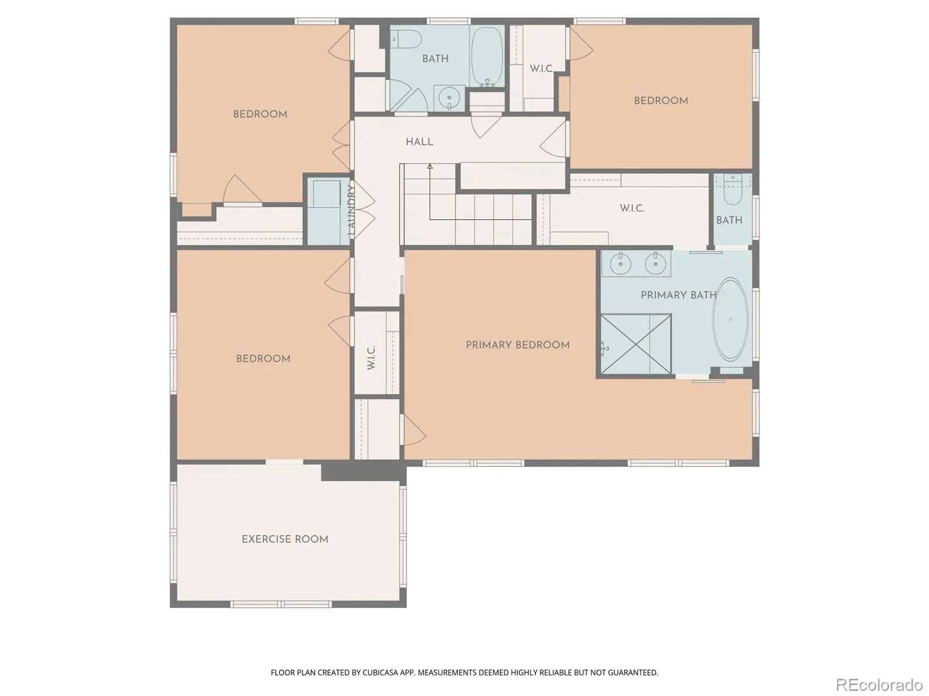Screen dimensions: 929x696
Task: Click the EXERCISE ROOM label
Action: coord(285,539)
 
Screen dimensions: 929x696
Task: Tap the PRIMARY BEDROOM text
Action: coord(517,345)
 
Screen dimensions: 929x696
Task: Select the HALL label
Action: coord(419,142)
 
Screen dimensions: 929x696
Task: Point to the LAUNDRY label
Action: coord(351,210)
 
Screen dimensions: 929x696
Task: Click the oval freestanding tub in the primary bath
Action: coord(730,320)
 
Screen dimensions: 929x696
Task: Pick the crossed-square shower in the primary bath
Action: coord(636,343)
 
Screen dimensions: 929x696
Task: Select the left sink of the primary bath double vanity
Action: coord(621,263)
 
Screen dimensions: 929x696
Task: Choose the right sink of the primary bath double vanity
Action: coord(655,263)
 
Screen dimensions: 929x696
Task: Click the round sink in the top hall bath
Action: coord(449,99)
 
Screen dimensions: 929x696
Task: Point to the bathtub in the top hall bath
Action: coord(487,57)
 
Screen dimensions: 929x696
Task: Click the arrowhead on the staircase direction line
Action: coord(430,166)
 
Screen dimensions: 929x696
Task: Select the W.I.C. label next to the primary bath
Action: coord(632,208)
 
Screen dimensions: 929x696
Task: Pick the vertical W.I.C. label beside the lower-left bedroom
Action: coord(371,357)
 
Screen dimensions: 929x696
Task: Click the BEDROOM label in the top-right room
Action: coord(661,100)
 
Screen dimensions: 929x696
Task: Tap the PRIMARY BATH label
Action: coord(678,295)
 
